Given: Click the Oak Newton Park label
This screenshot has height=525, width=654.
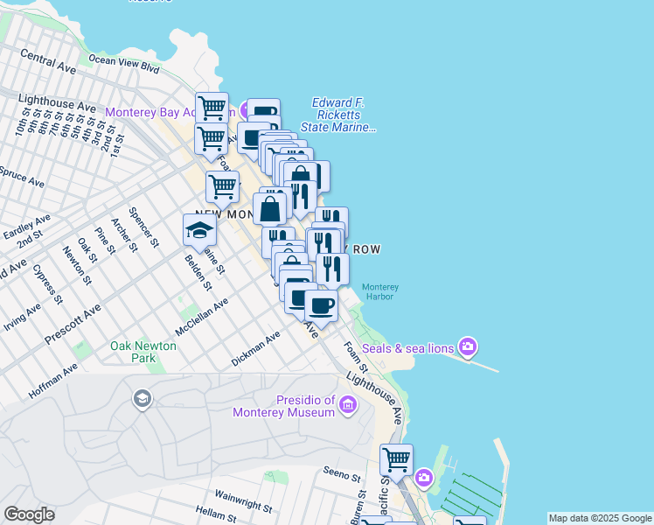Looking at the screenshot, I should click(143, 352).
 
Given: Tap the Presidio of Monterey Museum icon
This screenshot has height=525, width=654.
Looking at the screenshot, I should click(348, 404).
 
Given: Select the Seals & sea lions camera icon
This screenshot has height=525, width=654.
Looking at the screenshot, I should click(468, 348).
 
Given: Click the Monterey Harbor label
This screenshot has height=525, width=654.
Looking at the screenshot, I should click(379, 291).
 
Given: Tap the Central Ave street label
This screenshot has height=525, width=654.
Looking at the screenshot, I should click(49, 59).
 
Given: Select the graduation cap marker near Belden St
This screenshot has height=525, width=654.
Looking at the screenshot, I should click(199, 231).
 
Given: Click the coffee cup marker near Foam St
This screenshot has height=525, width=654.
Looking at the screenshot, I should click(321, 306).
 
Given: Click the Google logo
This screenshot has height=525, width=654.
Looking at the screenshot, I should click(29, 514).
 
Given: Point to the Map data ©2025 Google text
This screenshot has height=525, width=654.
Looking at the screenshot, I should click(599, 518).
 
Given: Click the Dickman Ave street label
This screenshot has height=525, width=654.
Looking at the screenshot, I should click(255, 348).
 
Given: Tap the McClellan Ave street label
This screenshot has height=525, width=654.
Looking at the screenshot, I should click(201, 316).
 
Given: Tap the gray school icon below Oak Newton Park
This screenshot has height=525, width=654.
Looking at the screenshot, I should click(141, 400).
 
